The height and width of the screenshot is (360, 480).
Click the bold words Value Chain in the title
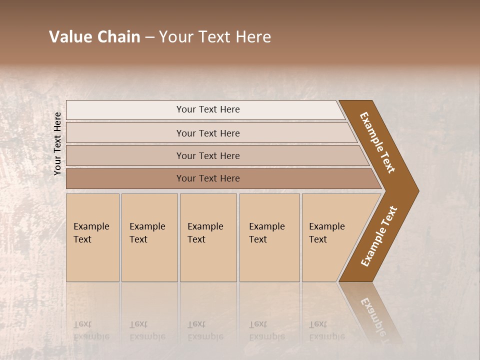point(94,37)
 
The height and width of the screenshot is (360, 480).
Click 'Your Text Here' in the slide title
point(215,37)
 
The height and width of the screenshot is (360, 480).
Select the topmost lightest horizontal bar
point(207,109)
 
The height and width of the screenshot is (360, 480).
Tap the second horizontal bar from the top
point(207,133)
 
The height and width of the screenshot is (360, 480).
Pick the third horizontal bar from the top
point(207,155)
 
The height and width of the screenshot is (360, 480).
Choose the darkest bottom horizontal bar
point(207,178)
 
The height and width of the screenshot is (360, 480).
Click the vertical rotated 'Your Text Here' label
point(57,143)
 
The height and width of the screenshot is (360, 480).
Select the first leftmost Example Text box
point(92,237)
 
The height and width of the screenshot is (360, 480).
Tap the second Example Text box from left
point(149,237)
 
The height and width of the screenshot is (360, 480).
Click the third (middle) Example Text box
point(208,237)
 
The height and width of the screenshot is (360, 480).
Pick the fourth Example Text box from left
point(269,237)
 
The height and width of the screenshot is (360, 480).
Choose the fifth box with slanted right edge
point(330,237)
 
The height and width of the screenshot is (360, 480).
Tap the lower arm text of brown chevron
point(379,236)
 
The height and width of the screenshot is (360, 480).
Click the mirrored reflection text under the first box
point(91,330)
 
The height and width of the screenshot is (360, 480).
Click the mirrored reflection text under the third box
point(205,330)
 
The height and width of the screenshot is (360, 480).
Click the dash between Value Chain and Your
point(149,37)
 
